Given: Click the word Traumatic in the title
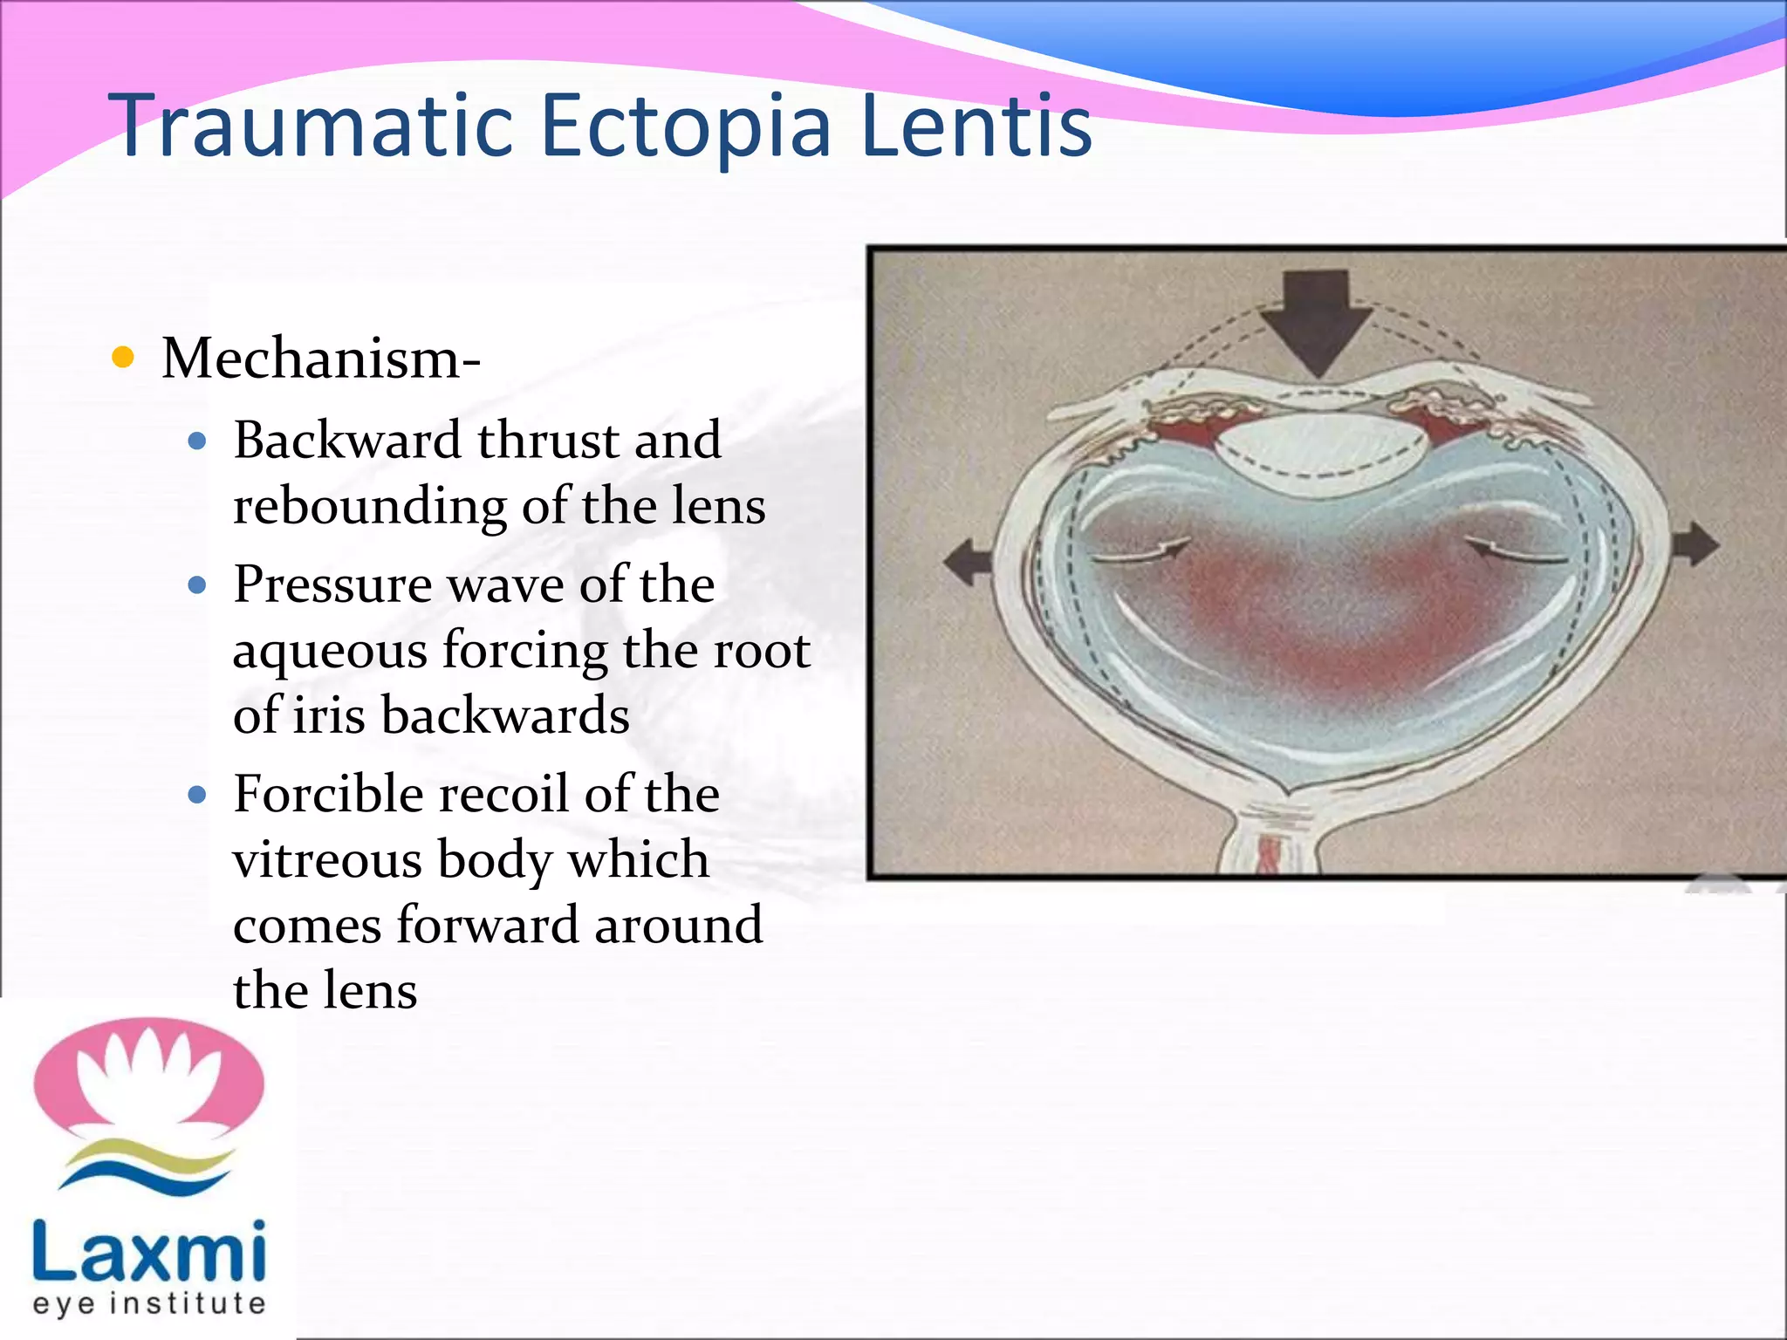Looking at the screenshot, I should [310, 126].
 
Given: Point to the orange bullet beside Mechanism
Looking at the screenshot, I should [124, 357].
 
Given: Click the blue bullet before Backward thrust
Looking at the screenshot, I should [197, 441].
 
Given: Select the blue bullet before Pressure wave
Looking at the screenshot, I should [197, 585].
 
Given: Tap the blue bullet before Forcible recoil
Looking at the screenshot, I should [197, 795].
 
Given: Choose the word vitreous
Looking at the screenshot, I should [327, 860].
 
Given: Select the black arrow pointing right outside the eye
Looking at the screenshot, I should [1695, 544].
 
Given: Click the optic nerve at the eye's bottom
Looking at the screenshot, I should [1270, 842].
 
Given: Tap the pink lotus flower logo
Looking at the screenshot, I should [148, 1078].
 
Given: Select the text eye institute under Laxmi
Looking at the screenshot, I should [148, 1303].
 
